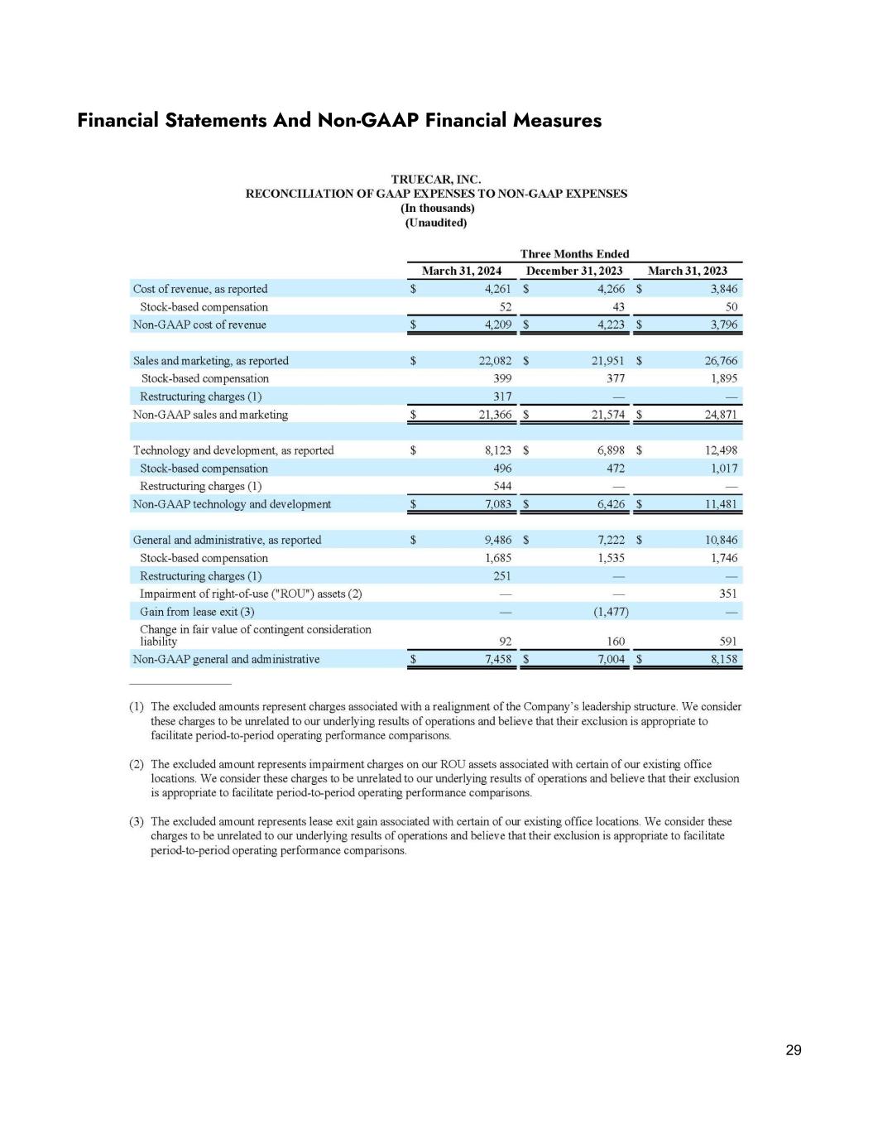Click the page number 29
(793, 1051)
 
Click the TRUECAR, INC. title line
(435, 179)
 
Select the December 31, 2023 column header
(574, 271)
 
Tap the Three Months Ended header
(574, 254)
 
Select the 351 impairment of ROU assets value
(727, 594)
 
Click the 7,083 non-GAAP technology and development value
(496, 504)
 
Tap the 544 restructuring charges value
(501, 486)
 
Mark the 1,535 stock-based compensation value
(611, 558)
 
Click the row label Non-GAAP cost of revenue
(199, 325)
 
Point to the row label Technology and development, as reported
(233, 450)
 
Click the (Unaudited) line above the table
(435, 223)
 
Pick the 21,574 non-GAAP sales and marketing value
(608, 415)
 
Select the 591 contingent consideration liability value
(727, 642)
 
